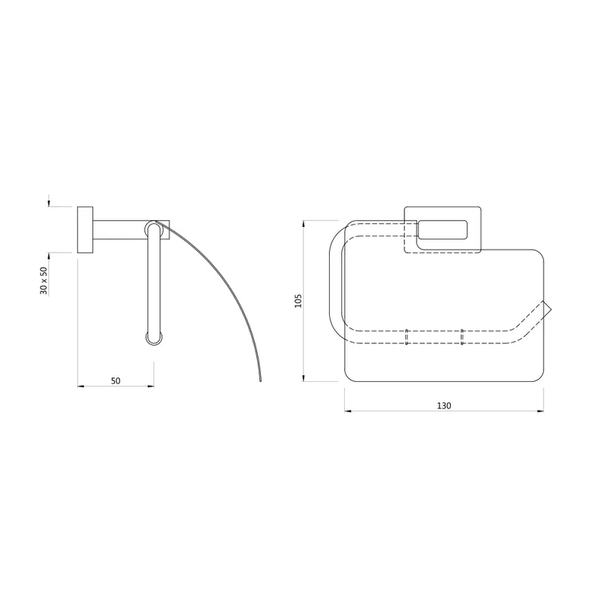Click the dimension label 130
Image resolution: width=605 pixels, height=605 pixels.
coord(444,405)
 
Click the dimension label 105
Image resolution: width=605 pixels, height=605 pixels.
coord(298,300)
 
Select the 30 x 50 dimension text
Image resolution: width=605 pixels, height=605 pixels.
coord(44,281)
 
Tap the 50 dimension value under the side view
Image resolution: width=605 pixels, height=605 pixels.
coord(116,381)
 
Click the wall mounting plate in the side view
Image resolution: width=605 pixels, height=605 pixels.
coord(85,230)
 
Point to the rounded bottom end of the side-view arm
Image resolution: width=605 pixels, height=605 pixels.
coord(154,338)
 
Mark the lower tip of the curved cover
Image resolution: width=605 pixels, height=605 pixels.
coord(260,380)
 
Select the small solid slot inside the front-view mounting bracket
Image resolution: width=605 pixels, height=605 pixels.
coord(442,230)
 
